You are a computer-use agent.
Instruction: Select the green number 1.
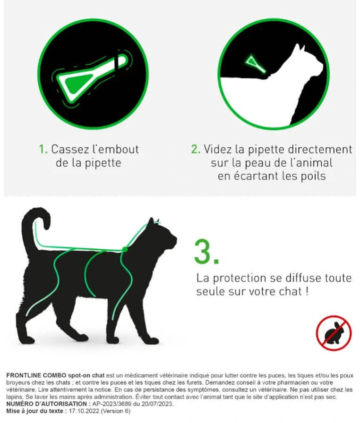[43, 149]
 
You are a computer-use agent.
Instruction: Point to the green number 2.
[195, 149]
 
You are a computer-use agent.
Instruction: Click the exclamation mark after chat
[307, 291]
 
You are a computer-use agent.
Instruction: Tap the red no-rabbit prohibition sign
[334, 333]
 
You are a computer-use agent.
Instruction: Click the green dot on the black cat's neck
[125, 249]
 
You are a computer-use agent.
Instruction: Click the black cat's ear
[151, 222]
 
